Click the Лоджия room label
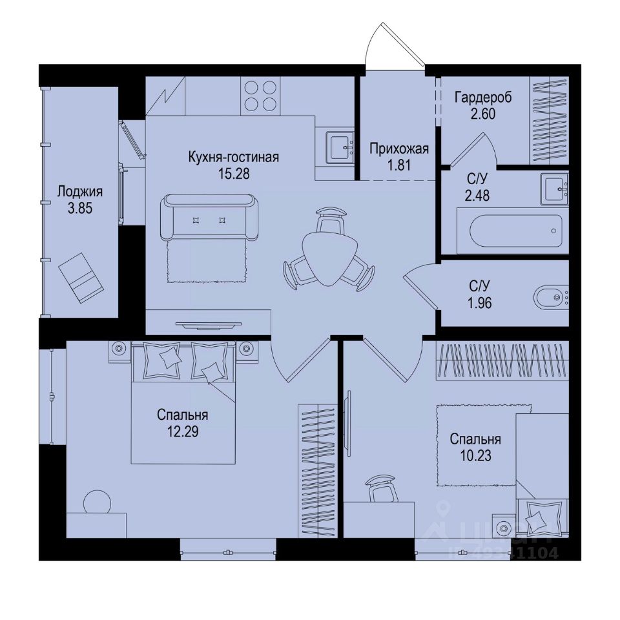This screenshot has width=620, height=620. (80, 192)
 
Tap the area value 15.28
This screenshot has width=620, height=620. (233, 173)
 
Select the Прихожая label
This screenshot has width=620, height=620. (399, 150)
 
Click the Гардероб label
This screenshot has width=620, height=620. (483, 98)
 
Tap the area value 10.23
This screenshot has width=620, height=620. (475, 455)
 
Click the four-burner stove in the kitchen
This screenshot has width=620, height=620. (261, 96)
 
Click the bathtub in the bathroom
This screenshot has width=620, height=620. (515, 231)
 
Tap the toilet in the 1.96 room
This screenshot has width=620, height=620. (551, 298)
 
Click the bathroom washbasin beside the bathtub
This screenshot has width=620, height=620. (555, 188)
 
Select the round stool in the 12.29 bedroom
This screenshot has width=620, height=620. (98, 502)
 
